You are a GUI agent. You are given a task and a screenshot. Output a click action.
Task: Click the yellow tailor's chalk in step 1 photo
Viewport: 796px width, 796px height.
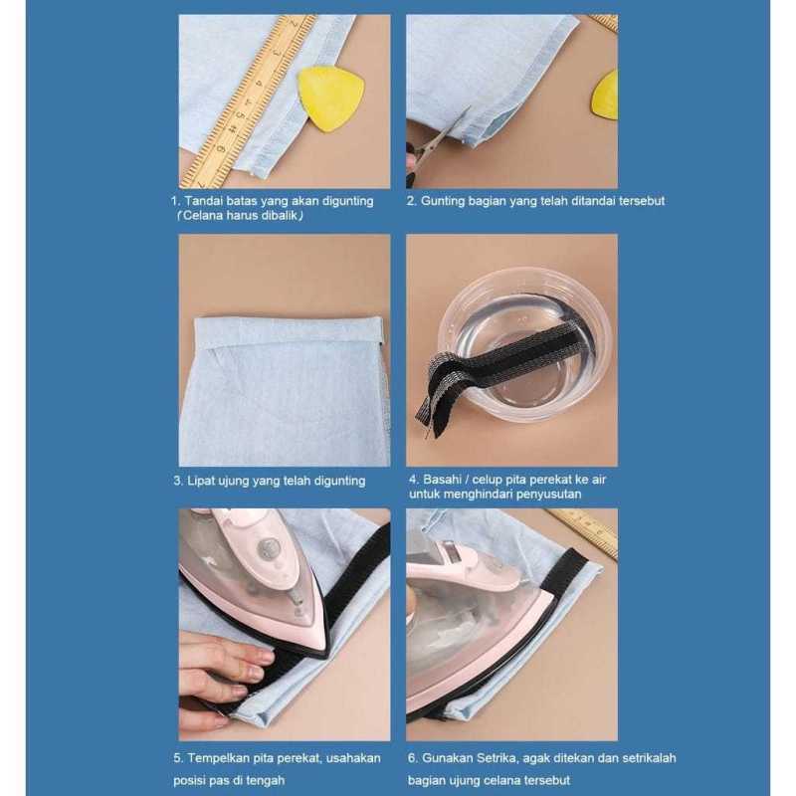click(x=330, y=98)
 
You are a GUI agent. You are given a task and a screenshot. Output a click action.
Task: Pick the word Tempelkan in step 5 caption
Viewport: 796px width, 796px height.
click(x=223, y=758)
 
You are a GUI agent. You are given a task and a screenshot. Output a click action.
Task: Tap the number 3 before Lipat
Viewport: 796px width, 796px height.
click(x=176, y=481)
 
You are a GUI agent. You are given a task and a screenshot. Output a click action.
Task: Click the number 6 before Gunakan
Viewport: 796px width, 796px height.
click(x=411, y=758)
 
